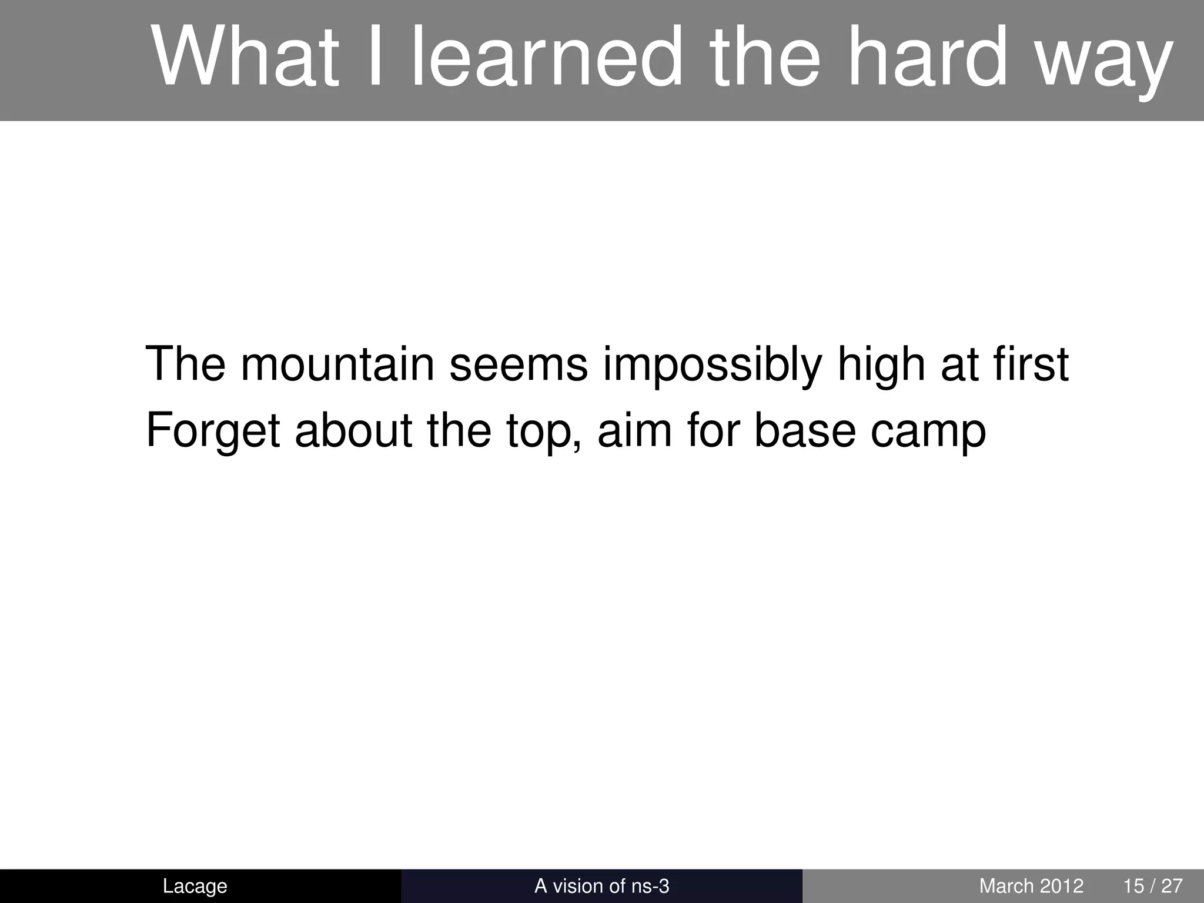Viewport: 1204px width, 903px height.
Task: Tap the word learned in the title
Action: click(x=544, y=57)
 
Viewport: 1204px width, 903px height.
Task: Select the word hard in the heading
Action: click(x=926, y=57)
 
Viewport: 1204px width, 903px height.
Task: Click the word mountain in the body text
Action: click(x=337, y=364)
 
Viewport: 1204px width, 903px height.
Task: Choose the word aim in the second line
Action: click(x=635, y=430)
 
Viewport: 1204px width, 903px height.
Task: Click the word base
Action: click(x=804, y=430)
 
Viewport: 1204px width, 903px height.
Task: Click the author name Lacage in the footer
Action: click(x=195, y=886)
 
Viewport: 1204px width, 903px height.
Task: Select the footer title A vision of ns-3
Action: click(x=601, y=886)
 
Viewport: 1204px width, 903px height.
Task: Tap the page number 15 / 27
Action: click(x=1153, y=886)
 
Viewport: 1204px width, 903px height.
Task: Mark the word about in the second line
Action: click(x=353, y=430)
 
